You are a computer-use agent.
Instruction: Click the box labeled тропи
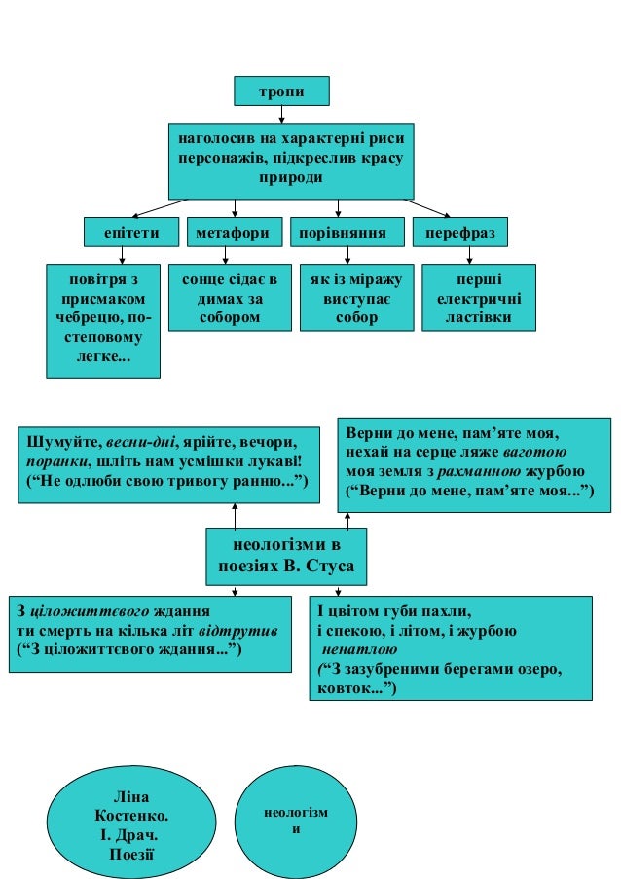coord(281,91)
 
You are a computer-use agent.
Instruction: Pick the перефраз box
coord(460,233)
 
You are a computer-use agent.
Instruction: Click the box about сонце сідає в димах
coord(230,298)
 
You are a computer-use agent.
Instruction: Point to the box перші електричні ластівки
coord(478,298)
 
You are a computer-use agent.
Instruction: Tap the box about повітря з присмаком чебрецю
coord(103,319)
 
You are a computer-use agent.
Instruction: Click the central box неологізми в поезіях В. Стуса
coord(286,554)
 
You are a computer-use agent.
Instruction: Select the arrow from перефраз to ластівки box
coord(470,255)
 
